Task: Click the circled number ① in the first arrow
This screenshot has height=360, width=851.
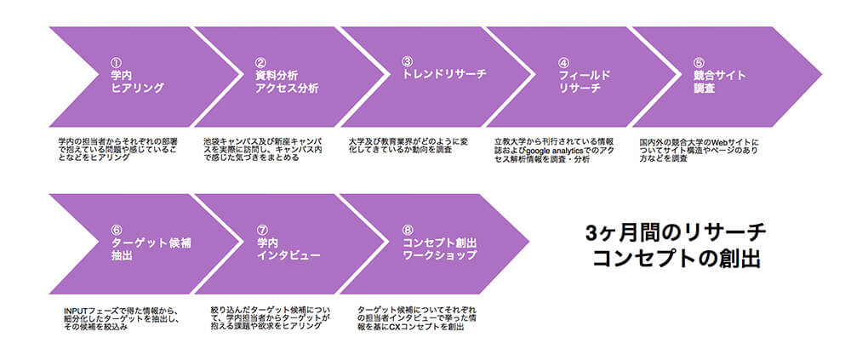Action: [x=117, y=63]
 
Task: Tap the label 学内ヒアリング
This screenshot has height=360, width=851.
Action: [x=137, y=82]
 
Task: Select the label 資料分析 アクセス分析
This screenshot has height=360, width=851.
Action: [x=287, y=82]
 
